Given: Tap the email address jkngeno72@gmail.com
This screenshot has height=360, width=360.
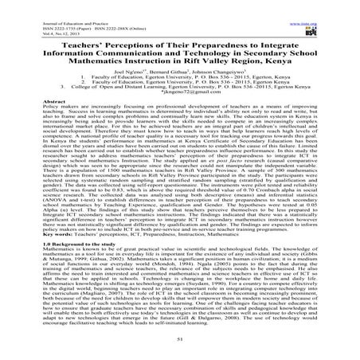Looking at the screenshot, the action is click(180, 92).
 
